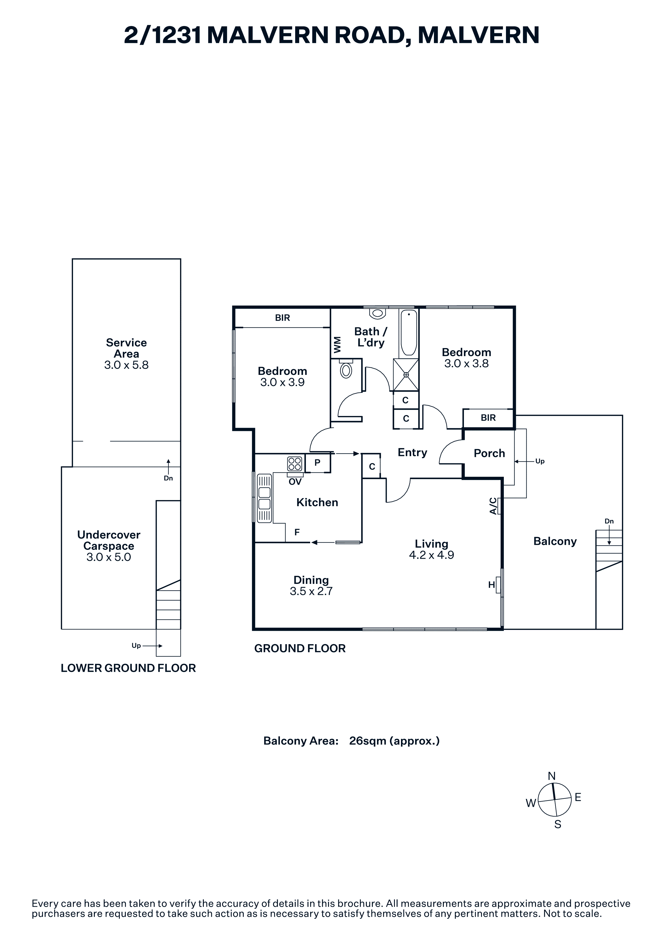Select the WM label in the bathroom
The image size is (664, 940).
(337, 345)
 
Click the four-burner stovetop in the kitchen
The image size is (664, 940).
(295, 464)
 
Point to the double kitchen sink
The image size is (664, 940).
(264, 498)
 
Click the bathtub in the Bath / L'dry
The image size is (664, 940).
(409, 333)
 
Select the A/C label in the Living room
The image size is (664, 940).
(493, 506)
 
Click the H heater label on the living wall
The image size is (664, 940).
(491, 585)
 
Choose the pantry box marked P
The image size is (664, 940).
(317, 463)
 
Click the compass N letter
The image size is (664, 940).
(552, 776)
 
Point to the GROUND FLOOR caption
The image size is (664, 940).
(300, 648)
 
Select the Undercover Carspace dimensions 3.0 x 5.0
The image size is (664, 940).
(108, 557)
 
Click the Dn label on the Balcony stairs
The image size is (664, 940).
(609, 521)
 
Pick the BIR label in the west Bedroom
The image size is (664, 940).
(282, 318)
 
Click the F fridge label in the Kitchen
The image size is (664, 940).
(297, 532)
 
